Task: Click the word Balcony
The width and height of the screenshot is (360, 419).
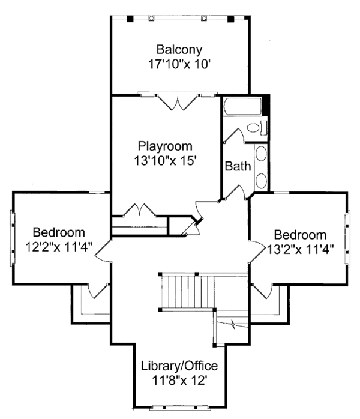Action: coord(179,49)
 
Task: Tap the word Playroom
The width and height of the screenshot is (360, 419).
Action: coord(165,146)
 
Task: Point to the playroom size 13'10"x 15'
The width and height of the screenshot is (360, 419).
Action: coord(165,160)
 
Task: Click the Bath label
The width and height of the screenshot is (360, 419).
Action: coord(238,166)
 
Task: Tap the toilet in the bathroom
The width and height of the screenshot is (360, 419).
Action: coord(254,127)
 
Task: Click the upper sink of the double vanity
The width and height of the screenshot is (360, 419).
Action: coord(262,154)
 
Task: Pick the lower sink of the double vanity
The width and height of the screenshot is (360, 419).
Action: coord(262,179)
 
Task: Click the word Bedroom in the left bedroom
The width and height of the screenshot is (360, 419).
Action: coord(59,232)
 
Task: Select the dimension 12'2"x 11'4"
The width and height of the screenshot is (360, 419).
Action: coord(59,246)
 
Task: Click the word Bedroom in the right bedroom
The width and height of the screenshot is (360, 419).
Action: coord(301,234)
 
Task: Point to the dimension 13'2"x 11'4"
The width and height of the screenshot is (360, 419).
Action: coord(301,248)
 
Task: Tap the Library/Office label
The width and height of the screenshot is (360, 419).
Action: coord(179,366)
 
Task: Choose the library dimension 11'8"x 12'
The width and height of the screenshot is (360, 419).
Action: coord(179,380)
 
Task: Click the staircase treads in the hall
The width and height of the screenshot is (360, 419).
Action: coord(189,292)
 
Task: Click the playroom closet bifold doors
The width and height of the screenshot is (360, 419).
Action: coord(139,211)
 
